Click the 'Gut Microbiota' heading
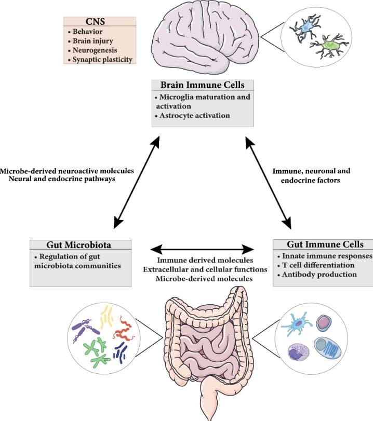tap(81, 244)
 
